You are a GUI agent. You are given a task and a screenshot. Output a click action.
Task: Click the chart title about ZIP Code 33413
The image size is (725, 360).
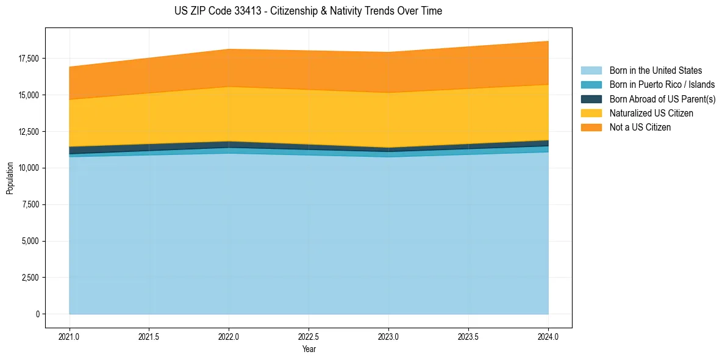tap(308, 11)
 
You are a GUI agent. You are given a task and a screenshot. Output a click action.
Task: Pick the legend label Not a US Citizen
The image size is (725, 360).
tap(640, 128)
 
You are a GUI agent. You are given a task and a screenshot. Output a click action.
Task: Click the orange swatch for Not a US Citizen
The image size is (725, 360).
tap(591, 128)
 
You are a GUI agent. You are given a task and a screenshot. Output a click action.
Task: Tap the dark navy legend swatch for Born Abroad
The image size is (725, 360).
tap(591, 99)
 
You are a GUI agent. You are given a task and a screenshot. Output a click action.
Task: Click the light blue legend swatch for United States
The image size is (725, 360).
tap(591, 71)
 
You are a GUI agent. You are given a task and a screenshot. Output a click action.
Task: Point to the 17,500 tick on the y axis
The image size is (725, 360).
tap(29, 59)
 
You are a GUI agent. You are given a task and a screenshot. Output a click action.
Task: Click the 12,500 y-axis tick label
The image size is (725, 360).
tap(29, 132)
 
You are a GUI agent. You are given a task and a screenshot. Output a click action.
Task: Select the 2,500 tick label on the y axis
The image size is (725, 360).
tap(30, 278)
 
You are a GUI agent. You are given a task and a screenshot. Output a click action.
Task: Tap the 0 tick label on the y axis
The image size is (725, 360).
tap(37, 314)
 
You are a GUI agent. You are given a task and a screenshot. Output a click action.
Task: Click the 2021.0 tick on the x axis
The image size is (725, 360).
tap(70, 336)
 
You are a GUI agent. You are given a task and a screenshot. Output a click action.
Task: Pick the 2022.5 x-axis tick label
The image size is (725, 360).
tap(309, 336)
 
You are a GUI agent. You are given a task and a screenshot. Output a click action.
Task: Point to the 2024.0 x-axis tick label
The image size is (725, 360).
tap(548, 336)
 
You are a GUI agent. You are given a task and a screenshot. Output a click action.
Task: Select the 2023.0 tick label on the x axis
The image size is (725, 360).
tap(388, 336)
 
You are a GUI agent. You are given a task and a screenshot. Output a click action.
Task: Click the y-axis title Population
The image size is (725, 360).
tap(10, 178)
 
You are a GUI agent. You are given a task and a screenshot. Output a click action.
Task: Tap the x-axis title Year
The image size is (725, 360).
tap(309, 349)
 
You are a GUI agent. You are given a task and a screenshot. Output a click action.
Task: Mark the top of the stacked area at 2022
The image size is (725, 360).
tap(229, 49)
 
